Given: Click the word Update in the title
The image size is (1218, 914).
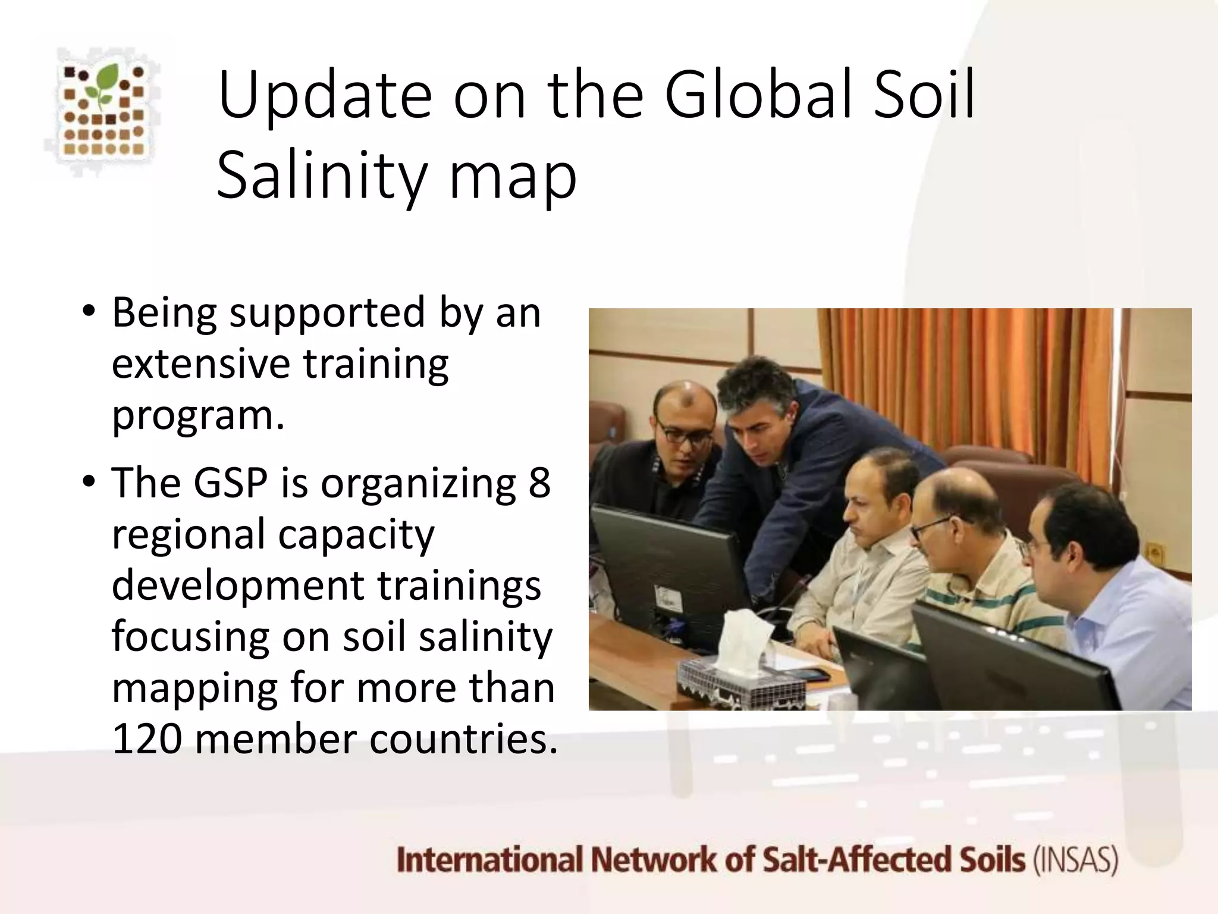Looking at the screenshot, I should (325, 95).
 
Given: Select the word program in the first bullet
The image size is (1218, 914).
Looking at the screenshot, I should (193, 415).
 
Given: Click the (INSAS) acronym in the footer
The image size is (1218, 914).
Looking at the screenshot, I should (1076, 860).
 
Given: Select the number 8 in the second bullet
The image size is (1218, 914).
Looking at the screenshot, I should (539, 483).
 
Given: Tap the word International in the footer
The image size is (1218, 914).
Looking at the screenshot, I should (489, 860).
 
